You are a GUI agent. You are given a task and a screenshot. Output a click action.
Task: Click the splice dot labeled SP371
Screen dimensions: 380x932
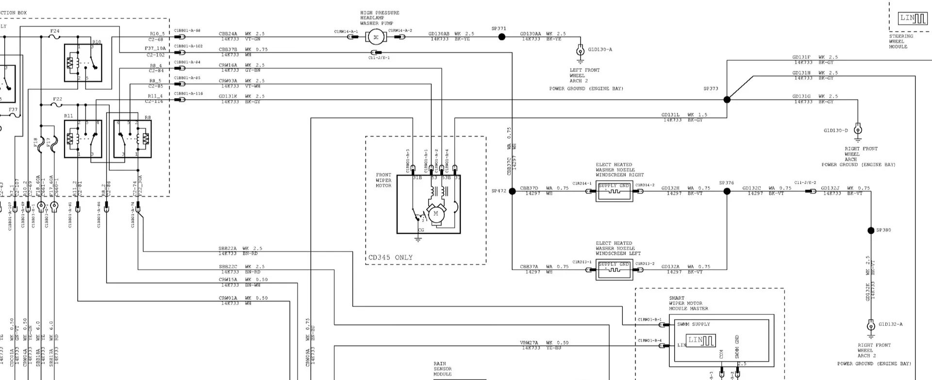[x=502, y=36]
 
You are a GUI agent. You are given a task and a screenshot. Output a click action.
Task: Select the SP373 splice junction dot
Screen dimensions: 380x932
[x=727, y=100]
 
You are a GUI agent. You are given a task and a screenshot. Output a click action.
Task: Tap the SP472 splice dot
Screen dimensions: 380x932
[x=512, y=191]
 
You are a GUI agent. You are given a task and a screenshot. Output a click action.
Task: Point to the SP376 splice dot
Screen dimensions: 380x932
[x=727, y=191]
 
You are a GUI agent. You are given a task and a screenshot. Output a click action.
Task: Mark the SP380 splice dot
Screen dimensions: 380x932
[x=871, y=230]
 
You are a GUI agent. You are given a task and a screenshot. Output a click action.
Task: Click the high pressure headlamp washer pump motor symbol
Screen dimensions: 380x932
[x=374, y=36]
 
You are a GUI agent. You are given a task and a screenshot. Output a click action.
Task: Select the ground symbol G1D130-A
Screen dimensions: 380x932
[x=580, y=51]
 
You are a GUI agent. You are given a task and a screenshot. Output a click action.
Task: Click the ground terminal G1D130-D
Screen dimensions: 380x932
[x=858, y=130]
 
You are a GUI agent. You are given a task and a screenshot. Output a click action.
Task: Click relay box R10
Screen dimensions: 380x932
[x=83, y=63]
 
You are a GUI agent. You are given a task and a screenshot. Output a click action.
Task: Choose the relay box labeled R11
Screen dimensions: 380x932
[x=83, y=139]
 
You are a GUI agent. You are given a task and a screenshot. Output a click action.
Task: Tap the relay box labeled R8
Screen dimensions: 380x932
[x=132, y=139]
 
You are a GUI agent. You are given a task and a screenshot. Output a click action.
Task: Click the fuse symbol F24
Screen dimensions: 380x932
[x=55, y=36]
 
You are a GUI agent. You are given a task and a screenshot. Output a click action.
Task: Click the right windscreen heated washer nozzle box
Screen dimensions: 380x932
[x=614, y=191]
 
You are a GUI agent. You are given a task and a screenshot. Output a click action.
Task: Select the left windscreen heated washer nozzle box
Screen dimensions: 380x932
[x=614, y=269]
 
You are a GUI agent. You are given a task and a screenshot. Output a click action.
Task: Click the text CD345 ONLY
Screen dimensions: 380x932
[x=390, y=258]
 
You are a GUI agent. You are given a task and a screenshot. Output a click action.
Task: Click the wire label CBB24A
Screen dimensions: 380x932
[x=228, y=34]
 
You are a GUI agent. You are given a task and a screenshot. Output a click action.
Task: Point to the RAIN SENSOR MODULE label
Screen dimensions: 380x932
[x=442, y=369]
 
